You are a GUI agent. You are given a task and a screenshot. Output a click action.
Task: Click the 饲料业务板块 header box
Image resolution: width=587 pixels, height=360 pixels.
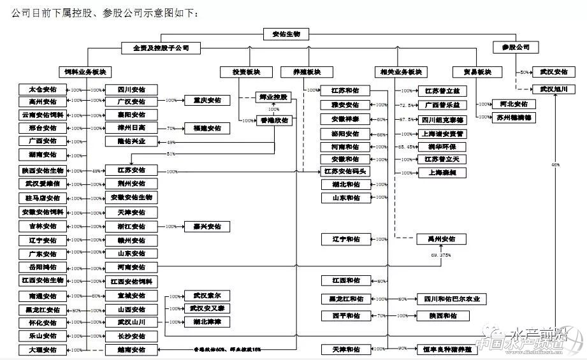85,72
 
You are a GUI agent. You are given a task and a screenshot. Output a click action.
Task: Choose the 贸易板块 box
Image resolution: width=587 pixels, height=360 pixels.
472,72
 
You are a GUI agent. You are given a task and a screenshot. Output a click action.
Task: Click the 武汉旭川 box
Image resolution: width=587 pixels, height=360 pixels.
550,89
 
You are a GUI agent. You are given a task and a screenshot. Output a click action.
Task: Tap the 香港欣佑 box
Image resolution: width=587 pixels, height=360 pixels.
274,120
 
